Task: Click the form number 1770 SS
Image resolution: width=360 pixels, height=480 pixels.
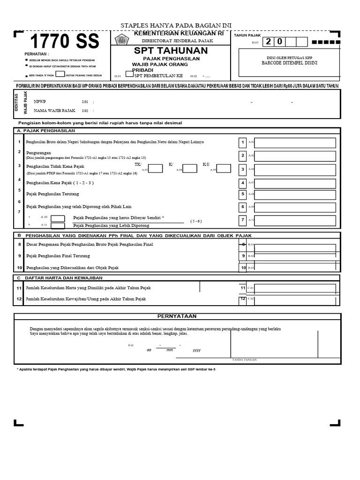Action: coord(65,42)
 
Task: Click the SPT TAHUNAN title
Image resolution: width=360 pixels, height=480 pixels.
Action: coord(171,51)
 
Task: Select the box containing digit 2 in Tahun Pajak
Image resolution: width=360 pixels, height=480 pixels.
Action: coord(269,42)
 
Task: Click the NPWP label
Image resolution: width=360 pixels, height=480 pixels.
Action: coord(40,101)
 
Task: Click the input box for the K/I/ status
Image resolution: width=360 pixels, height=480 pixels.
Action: coord(224,169)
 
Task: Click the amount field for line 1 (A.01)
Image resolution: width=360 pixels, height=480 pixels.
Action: coord(295,142)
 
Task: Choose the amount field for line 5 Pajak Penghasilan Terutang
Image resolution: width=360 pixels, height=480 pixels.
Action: coord(295,194)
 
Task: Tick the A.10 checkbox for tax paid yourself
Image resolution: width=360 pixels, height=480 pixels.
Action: coord(58,218)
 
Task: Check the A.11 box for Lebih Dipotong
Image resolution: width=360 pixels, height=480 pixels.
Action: coord(58,225)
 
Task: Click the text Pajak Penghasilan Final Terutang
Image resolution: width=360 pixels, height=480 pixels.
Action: coord(58,256)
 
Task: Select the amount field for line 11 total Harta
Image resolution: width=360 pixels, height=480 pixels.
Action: coord(295,288)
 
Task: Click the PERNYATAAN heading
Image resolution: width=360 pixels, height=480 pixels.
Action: coord(177,316)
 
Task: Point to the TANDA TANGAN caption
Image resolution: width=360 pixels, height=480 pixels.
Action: coord(244,360)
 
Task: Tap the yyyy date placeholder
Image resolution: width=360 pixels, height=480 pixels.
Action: coord(196,350)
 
